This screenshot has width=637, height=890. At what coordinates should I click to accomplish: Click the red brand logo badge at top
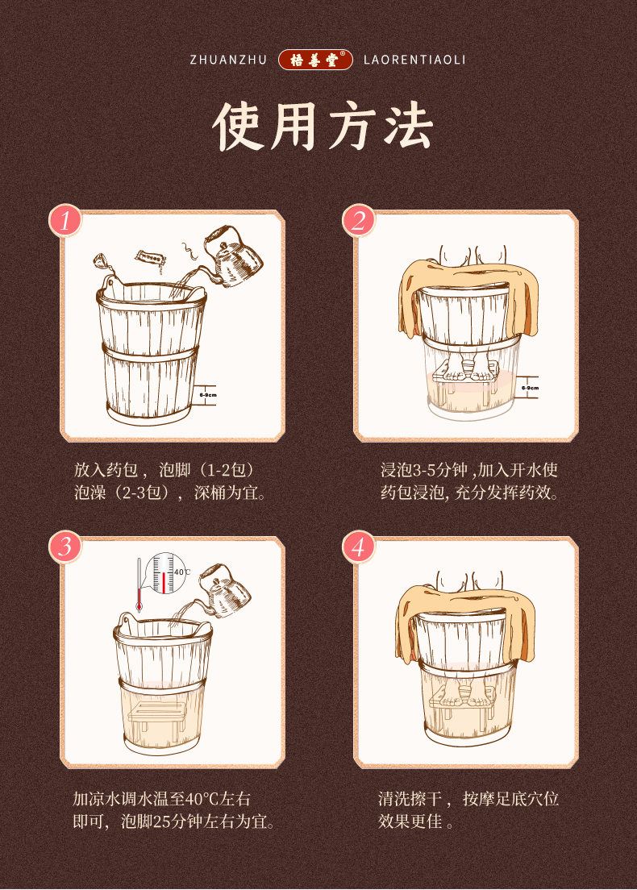pyautogui.click(x=315, y=60)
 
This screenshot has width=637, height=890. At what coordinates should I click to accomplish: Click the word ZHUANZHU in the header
pyautogui.click(x=228, y=60)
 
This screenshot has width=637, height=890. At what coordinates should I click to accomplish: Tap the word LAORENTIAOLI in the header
pyautogui.click(x=414, y=60)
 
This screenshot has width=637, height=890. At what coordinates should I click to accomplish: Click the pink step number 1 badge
pyautogui.click(x=65, y=220)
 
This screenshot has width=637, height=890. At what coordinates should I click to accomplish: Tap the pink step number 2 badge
pyautogui.click(x=359, y=220)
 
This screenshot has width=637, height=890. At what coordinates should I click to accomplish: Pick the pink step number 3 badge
pyautogui.click(x=65, y=547)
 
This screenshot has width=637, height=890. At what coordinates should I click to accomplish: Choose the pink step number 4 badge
pyautogui.click(x=359, y=547)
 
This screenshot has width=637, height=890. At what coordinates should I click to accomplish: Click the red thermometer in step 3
pyautogui.click(x=139, y=584)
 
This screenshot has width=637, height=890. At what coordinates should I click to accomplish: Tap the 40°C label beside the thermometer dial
pyautogui.click(x=181, y=572)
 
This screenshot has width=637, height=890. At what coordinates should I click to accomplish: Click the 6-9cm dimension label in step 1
pyautogui.click(x=208, y=394)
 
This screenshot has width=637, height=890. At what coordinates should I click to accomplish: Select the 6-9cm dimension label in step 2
pyautogui.click(x=531, y=388)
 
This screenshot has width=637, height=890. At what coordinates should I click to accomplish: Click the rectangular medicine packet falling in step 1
pyautogui.click(x=151, y=259)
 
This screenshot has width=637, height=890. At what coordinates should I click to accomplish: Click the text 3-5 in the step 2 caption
pyautogui.click(x=424, y=470)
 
